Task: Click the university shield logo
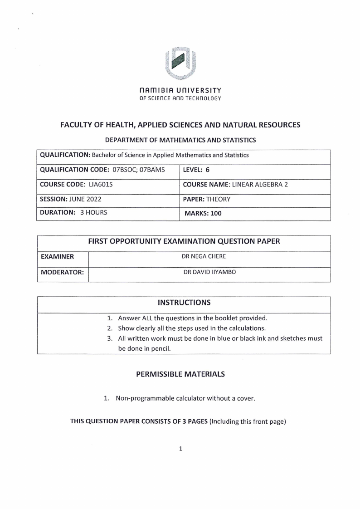[x=180, y=61]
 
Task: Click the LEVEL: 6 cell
[x=196, y=170]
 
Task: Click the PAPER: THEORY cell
[x=206, y=199]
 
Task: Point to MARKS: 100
[x=203, y=213]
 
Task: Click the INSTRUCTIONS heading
[x=184, y=302]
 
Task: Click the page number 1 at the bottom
[x=180, y=449]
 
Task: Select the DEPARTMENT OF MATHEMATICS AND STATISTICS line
[x=180, y=140]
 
